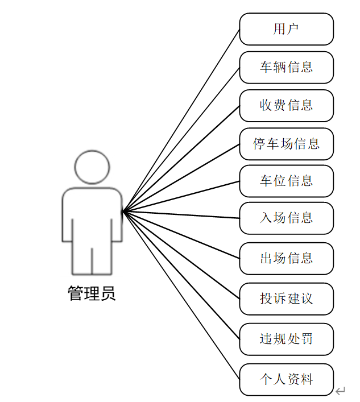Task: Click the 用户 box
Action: (x=286, y=29)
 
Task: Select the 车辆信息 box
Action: (x=286, y=67)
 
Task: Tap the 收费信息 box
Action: (x=286, y=105)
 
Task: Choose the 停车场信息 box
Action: (x=286, y=143)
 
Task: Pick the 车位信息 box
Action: (x=286, y=181)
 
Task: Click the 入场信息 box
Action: (x=286, y=218)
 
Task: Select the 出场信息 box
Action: (x=286, y=258)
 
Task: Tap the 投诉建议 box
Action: (x=286, y=299)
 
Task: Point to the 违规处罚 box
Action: (x=286, y=339)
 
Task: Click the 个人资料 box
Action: (x=286, y=379)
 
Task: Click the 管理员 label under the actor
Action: (x=92, y=293)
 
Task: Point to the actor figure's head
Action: (x=92, y=167)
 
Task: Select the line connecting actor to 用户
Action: (x=181, y=120)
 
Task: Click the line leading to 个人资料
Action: (x=181, y=295)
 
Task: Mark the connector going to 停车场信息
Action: (x=181, y=177)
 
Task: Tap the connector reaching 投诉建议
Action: (x=181, y=255)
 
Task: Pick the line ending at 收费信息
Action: (x=181, y=158)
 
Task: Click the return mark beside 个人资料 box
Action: (x=340, y=391)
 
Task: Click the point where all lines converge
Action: (x=123, y=212)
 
